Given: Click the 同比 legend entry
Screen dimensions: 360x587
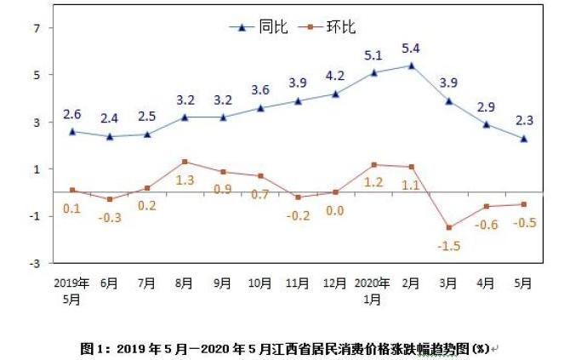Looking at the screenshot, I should (x=259, y=26).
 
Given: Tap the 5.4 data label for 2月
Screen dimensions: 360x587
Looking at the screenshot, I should (x=412, y=48).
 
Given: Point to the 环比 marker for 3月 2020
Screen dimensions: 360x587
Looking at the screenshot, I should (x=448, y=227).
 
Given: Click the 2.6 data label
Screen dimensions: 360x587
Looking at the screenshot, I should (x=72, y=114).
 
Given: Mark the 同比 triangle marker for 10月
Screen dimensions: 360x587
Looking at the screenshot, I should (x=260, y=108).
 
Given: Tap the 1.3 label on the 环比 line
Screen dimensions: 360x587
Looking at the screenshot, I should (x=185, y=180).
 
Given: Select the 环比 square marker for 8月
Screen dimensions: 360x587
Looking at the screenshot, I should (x=185, y=162).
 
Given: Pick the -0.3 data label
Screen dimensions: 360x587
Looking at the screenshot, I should (x=109, y=217).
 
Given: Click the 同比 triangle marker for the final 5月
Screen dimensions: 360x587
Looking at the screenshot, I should (x=524, y=138).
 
